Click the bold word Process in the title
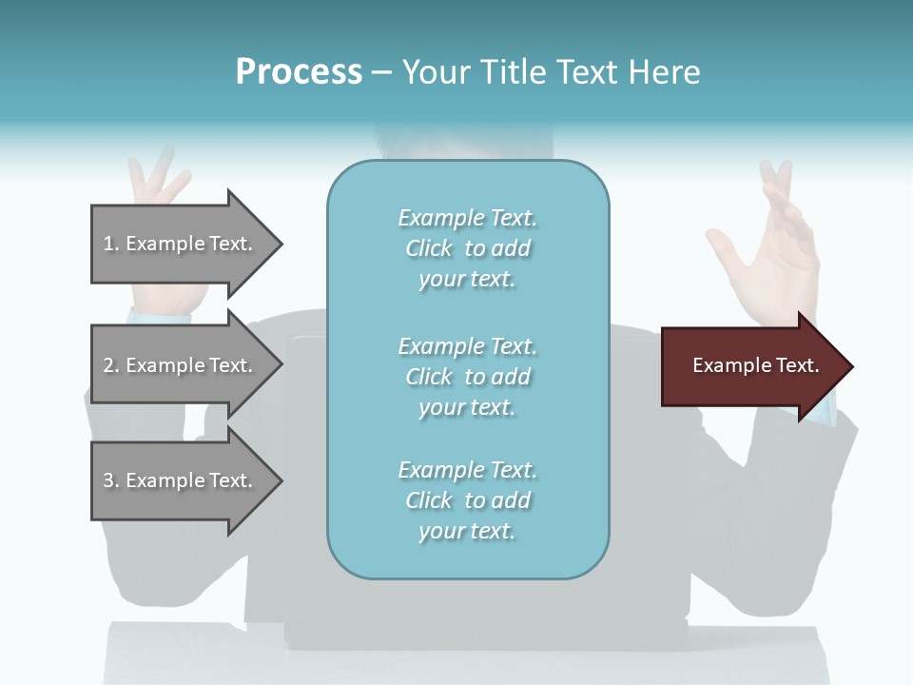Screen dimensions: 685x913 point(299,72)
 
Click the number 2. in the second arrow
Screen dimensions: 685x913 point(111,365)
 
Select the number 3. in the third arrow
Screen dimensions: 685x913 point(111,480)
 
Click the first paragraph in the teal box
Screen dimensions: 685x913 point(467,248)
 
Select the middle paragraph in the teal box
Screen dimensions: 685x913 point(467,376)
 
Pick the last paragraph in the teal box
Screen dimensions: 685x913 point(467,500)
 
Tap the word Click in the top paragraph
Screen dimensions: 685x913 point(429,248)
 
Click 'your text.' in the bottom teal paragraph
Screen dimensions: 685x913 point(467,531)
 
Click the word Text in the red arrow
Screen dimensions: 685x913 point(797,365)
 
